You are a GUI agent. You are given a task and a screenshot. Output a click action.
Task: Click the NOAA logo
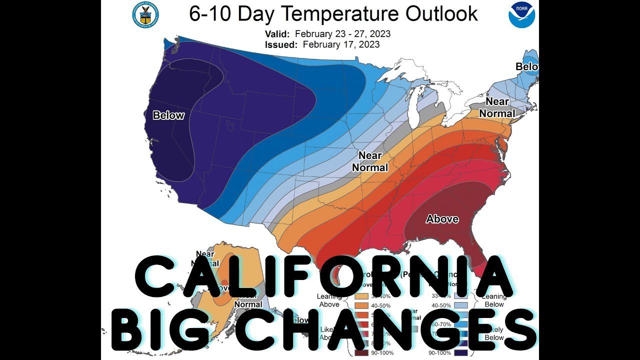click(521, 14)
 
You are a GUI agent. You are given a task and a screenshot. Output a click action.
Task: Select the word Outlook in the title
click(441, 14)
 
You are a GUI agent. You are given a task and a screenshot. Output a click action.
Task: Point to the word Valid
click(276, 34)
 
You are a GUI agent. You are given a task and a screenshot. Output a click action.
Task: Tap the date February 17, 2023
click(341, 45)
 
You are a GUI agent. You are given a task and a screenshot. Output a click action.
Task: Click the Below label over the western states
click(168, 116)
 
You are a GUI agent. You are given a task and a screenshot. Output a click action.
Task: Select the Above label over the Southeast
click(442, 219)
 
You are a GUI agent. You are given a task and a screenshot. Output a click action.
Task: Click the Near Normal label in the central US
click(370, 161)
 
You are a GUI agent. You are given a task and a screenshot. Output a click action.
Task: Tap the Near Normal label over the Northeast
click(497, 107)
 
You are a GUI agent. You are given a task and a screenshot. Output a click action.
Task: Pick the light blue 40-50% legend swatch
click(461, 305)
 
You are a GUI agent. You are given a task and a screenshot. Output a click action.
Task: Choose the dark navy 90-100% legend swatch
click(461, 353)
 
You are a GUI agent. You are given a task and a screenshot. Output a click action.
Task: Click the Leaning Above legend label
click(328, 300)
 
